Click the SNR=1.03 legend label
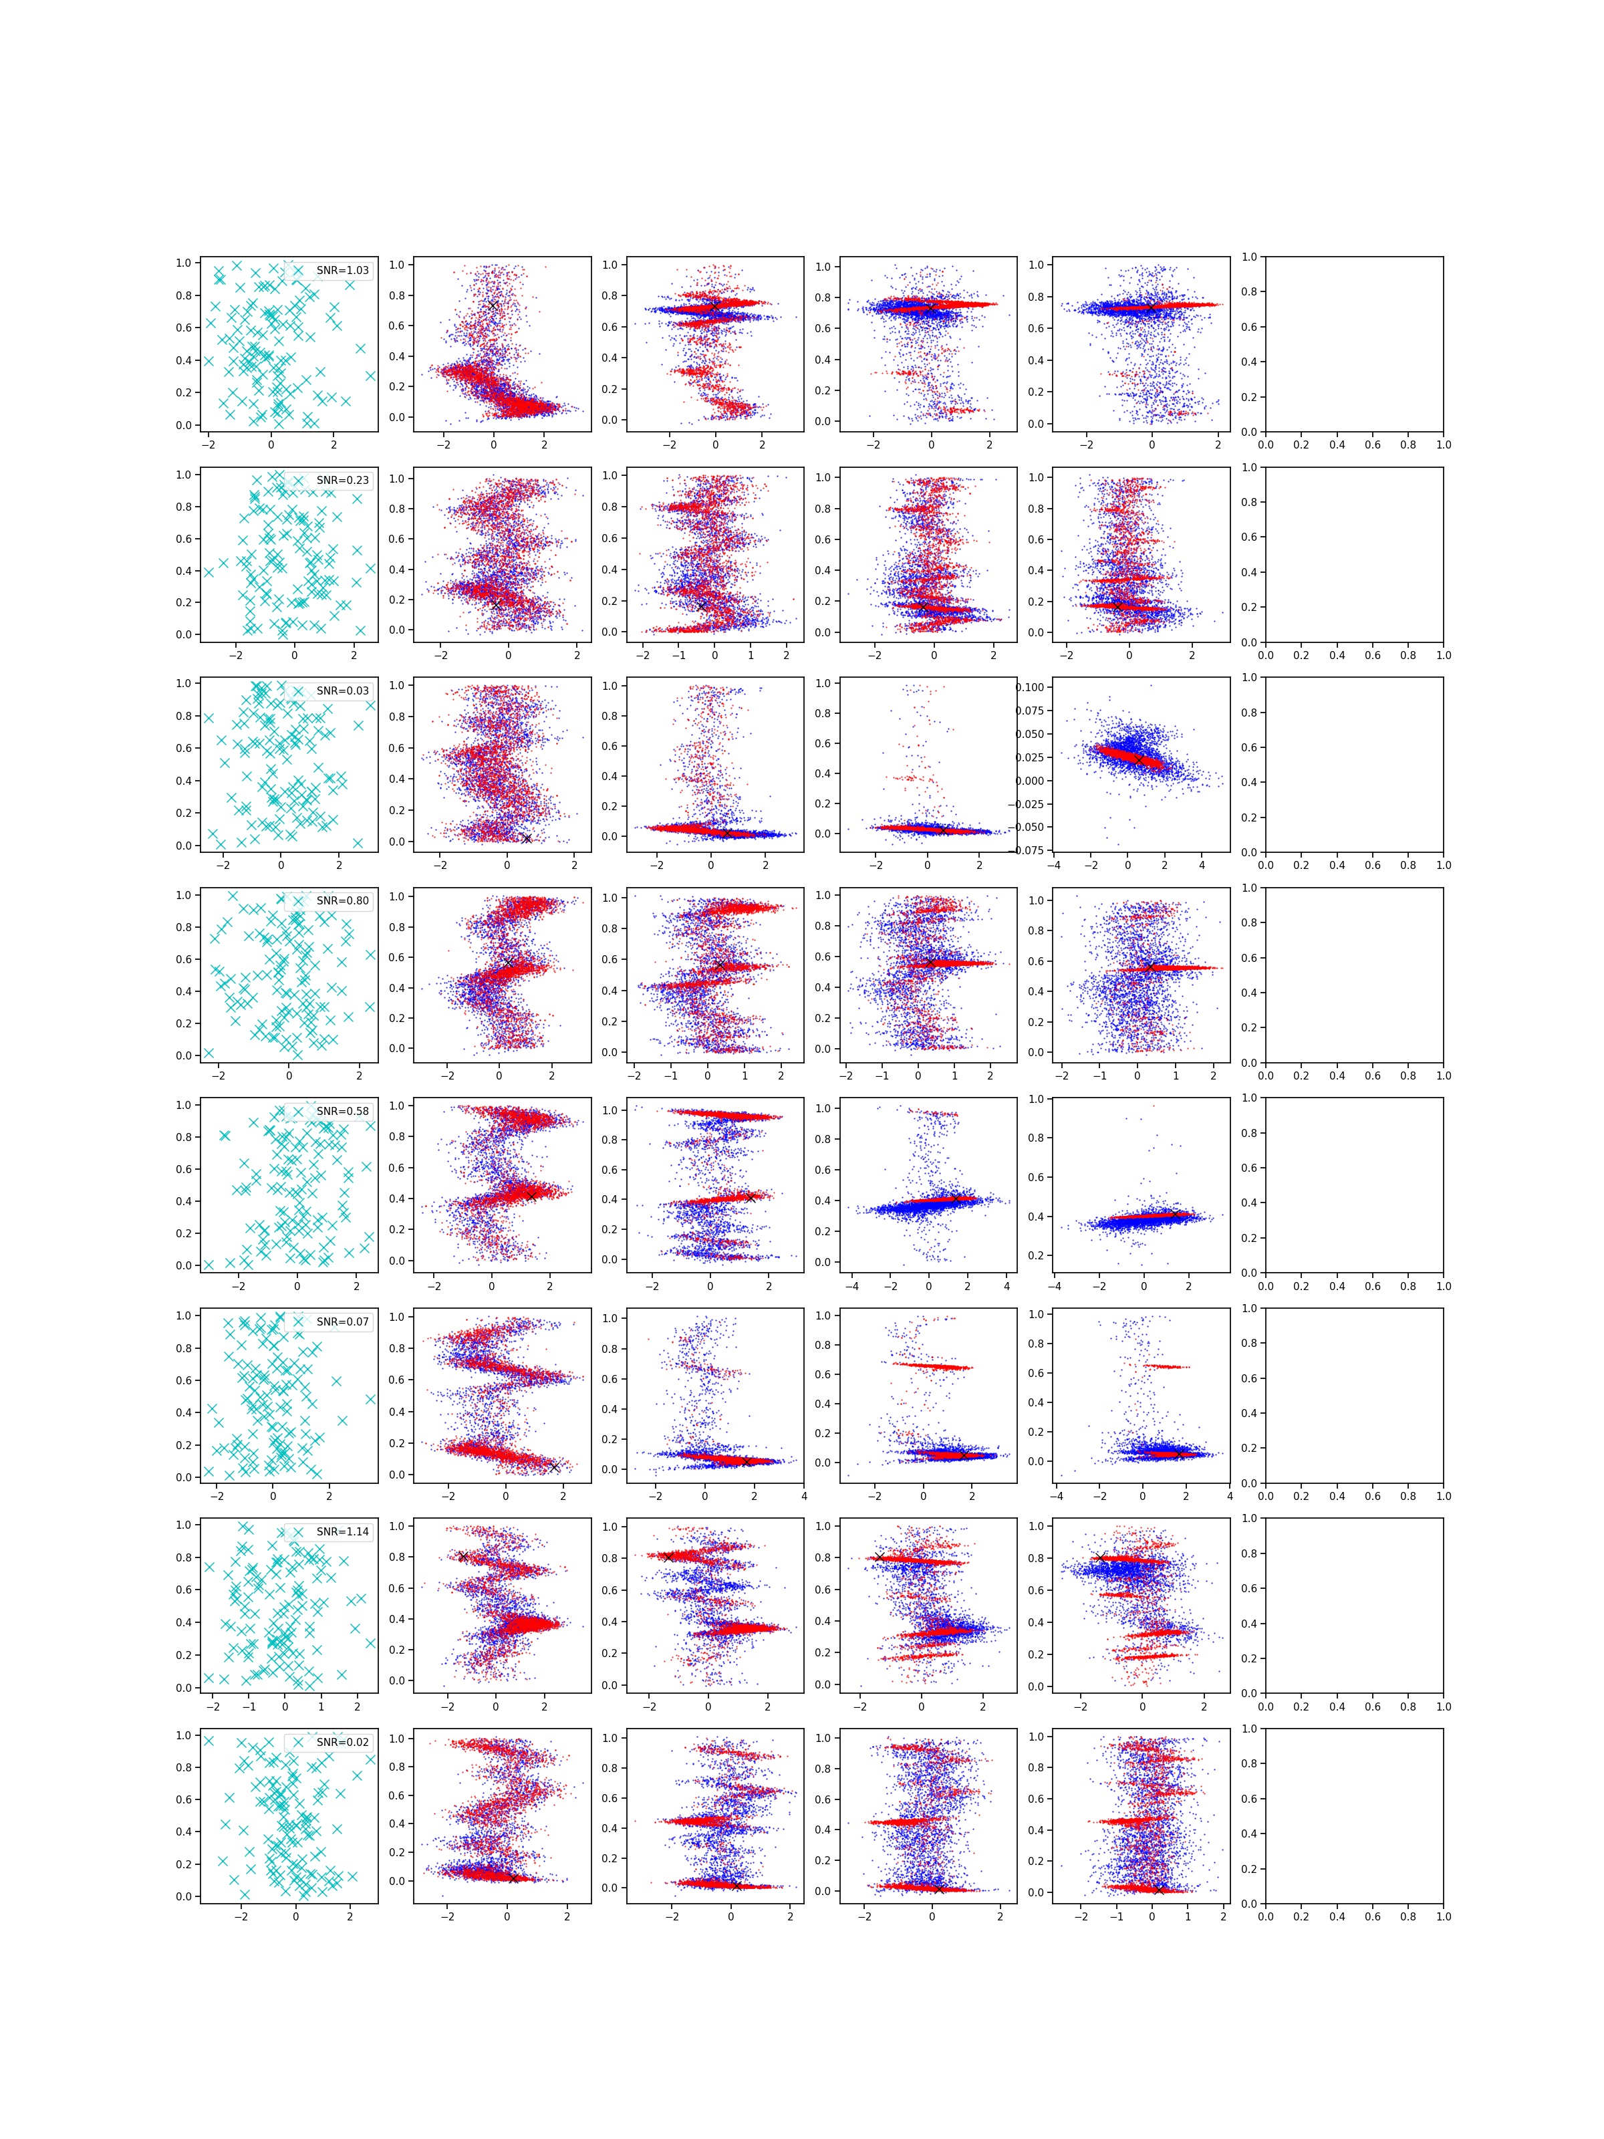pyautogui.click(x=342, y=271)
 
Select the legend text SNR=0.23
pyautogui.click(x=342, y=481)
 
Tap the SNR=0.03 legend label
pyautogui.click(x=342, y=690)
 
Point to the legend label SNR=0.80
pyautogui.click(x=342, y=900)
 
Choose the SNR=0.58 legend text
pyautogui.click(x=342, y=1111)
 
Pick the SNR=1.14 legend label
pyautogui.click(x=342, y=1532)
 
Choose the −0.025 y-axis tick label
pyautogui.click(x=1027, y=803)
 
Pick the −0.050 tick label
pyautogui.click(x=1027, y=827)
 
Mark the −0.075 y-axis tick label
pyautogui.click(x=1027, y=850)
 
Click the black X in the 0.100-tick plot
pyautogui.click(x=1139, y=760)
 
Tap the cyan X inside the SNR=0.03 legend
pyautogui.click(x=298, y=690)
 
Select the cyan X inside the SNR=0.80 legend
pyautogui.click(x=298, y=900)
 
